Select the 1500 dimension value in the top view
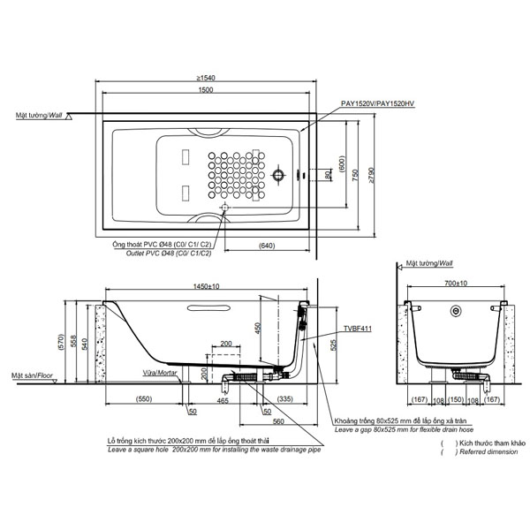(205, 90)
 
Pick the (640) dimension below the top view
(269, 245)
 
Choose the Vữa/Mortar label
(156, 373)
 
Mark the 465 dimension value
(223, 400)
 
